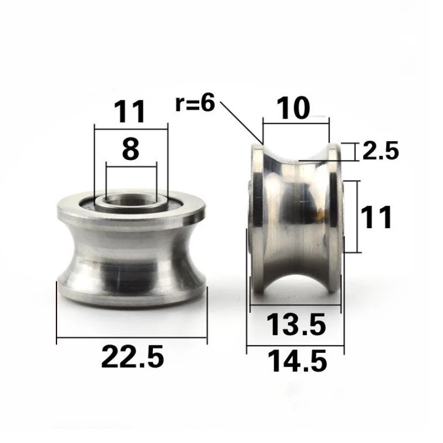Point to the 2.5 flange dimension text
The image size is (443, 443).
point(380,151)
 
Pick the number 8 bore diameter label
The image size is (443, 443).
point(131,150)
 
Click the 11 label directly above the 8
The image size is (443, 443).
point(131,112)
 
